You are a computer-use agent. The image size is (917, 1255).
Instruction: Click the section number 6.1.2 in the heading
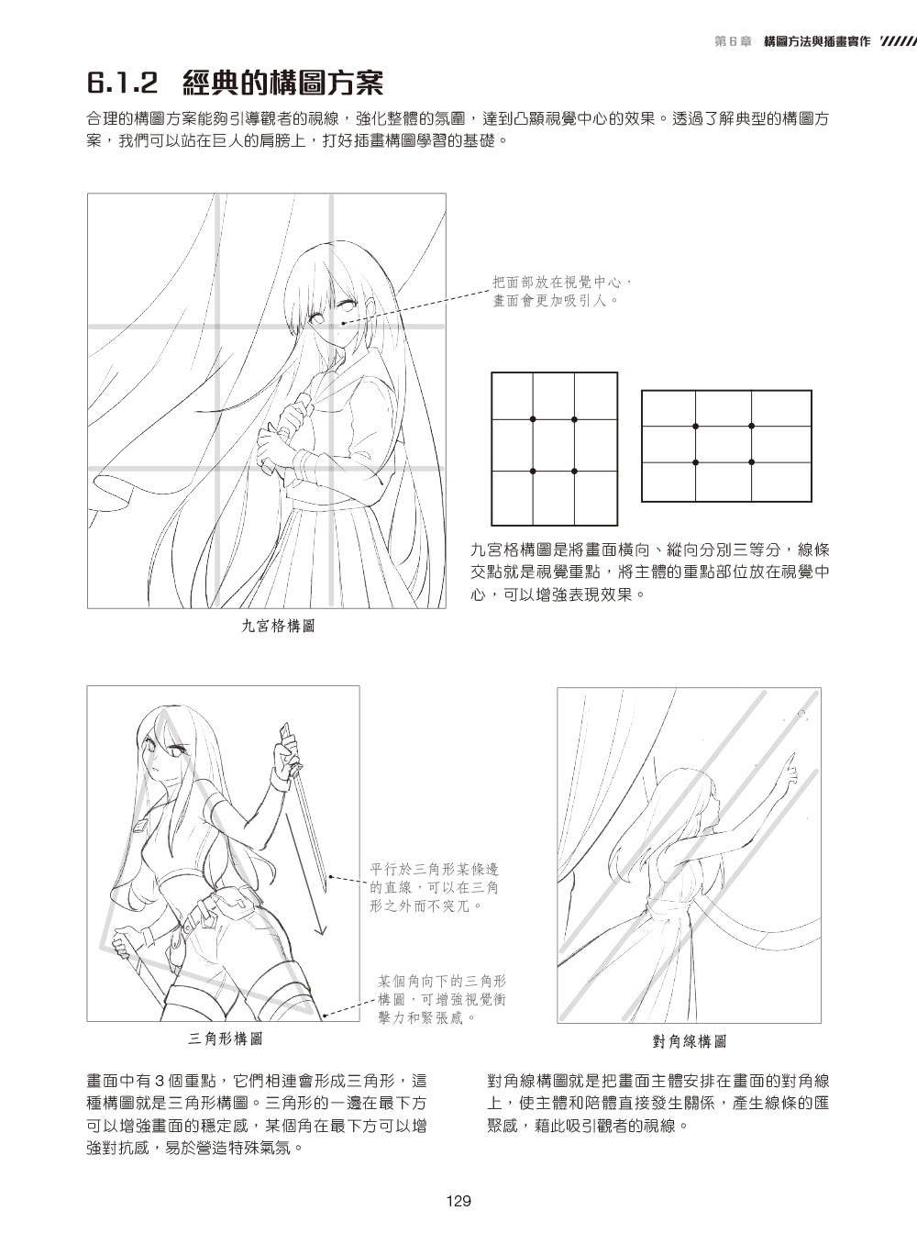click(122, 83)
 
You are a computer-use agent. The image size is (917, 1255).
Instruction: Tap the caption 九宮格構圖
click(279, 626)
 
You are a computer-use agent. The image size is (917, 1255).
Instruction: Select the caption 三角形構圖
click(226, 1038)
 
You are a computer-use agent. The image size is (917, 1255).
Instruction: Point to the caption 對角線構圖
click(690, 1041)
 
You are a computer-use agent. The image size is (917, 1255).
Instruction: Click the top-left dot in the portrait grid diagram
click(533, 419)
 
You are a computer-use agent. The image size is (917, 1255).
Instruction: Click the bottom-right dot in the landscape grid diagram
click(752, 462)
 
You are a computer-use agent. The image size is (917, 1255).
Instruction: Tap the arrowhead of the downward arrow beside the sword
click(320, 930)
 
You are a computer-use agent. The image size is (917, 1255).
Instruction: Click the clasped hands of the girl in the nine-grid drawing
click(280, 431)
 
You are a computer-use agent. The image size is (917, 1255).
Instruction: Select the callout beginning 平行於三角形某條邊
click(434, 887)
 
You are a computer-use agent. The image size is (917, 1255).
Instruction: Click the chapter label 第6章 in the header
click(734, 41)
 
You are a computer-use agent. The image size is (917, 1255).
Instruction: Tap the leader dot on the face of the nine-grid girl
click(343, 323)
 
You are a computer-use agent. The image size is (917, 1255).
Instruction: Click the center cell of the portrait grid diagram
click(554, 445)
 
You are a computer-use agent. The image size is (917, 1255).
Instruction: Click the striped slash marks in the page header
click(898, 41)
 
